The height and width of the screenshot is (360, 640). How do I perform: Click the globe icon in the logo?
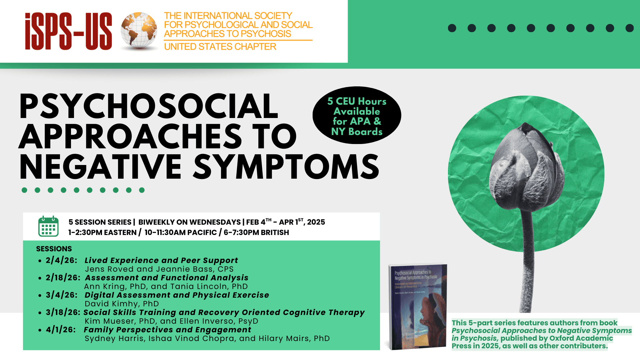139,31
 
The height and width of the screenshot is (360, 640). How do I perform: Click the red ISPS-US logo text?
68,31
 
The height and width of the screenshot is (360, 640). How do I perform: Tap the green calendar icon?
48,226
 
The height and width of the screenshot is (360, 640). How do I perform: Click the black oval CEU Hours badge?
357,116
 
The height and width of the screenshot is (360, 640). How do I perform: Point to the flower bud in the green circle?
526,167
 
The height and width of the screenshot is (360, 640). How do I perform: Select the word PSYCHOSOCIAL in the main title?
148,107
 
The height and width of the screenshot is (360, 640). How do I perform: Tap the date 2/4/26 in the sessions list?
61,260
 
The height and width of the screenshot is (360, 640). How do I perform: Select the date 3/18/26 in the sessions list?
63,312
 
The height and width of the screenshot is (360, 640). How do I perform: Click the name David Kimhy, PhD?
122,304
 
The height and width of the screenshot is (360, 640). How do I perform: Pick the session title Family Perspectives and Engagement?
167,330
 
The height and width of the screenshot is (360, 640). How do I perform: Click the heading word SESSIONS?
54,249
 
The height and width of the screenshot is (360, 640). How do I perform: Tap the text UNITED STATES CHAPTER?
220,47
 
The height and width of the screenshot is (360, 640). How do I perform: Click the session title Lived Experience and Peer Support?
161,260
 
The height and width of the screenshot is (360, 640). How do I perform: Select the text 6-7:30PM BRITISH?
256,232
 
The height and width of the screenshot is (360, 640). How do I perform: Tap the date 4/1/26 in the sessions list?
61,330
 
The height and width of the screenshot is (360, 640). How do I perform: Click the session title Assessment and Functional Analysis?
167,278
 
